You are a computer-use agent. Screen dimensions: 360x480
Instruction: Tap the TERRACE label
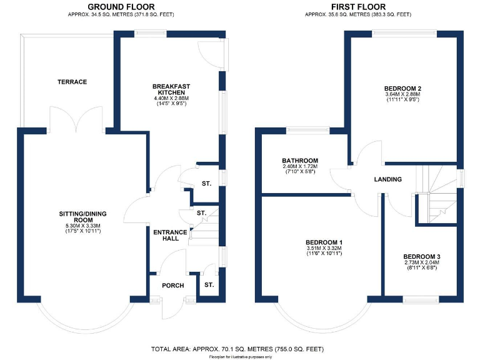(72, 82)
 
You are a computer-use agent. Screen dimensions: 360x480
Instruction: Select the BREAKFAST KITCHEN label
(171, 89)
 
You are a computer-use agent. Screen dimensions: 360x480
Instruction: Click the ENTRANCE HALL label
(170, 235)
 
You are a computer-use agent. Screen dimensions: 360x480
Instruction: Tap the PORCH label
(172, 286)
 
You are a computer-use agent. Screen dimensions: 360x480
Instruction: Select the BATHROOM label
(300, 161)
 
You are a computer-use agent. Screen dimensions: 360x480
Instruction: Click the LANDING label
(387, 179)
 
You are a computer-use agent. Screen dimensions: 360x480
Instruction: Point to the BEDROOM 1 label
(323, 242)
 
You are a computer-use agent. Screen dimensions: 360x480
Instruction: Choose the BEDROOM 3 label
(421, 256)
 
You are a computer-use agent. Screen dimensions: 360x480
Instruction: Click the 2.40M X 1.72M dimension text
(300, 167)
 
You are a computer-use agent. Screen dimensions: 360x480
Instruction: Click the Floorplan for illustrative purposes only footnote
(240, 356)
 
